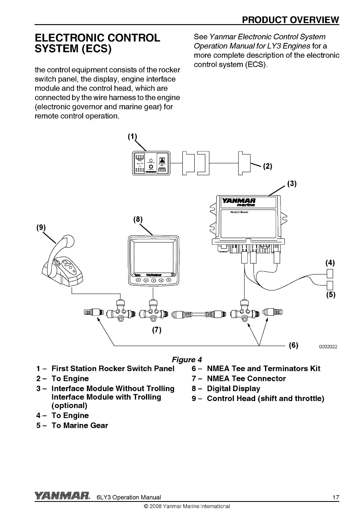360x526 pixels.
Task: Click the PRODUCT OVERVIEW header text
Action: pos(290,20)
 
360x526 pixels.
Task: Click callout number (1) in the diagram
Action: pos(132,137)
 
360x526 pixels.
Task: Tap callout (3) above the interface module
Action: pos(292,184)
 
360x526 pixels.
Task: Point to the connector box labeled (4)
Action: pos(330,273)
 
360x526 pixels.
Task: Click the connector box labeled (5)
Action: pos(330,285)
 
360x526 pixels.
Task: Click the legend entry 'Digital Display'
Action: pos(233,389)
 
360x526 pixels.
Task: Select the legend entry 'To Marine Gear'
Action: pos(80,426)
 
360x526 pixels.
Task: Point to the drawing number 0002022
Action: pos(328,347)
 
